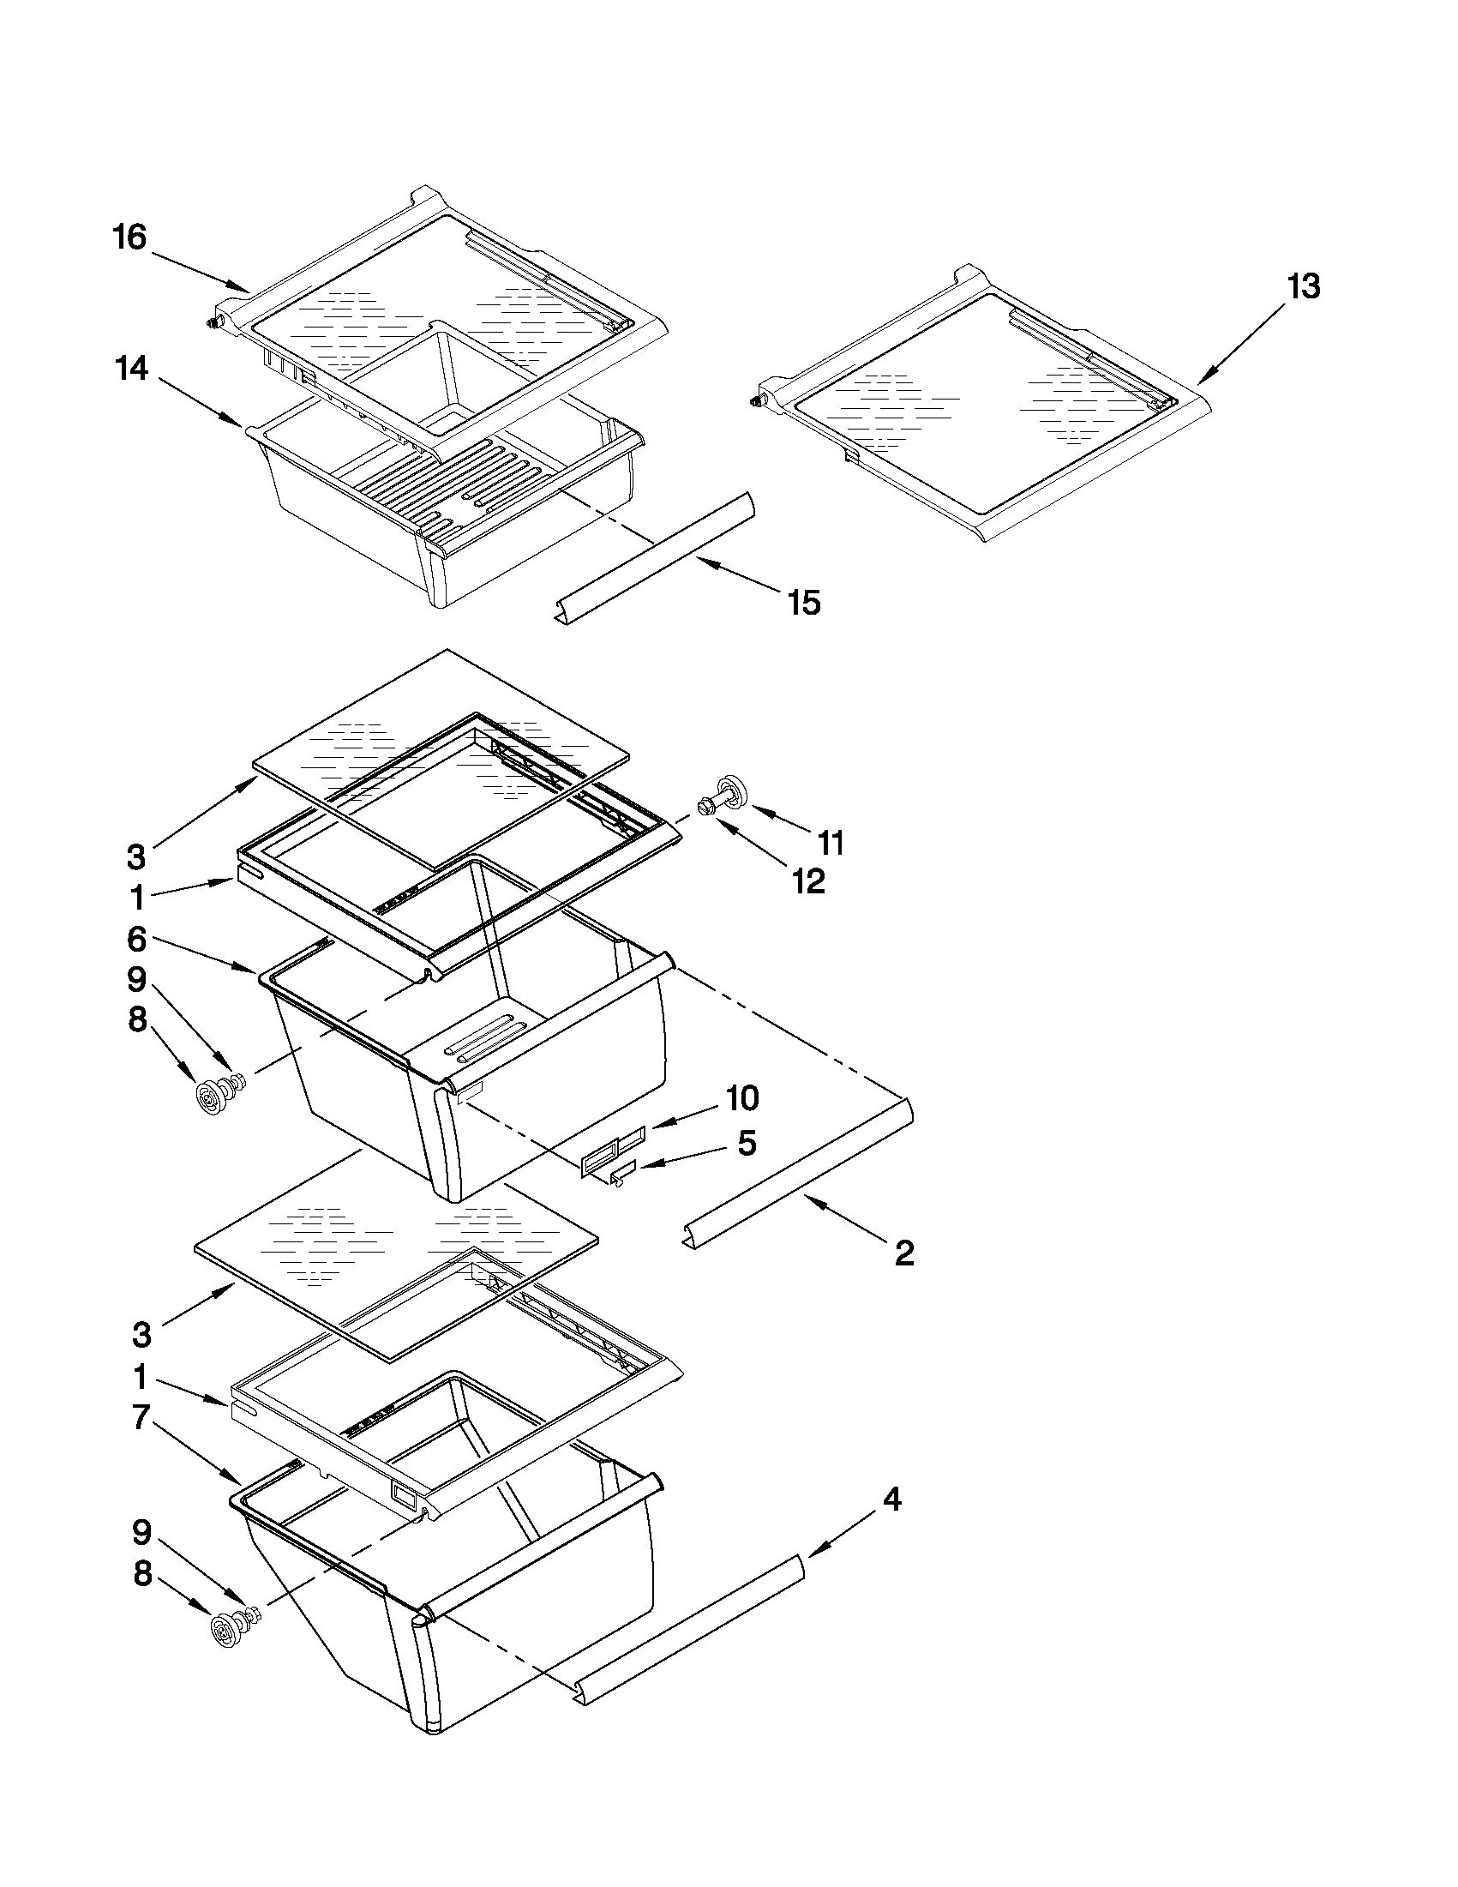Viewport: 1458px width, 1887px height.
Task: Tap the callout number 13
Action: pyautogui.click(x=1304, y=286)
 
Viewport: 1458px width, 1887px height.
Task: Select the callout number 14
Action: pyautogui.click(x=132, y=369)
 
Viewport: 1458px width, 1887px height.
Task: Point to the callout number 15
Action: pyautogui.click(x=803, y=602)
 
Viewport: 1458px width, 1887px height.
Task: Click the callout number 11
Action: pyautogui.click(x=830, y=842)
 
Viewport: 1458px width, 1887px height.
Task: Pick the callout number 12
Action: pyautogui.click(x=808, y=880)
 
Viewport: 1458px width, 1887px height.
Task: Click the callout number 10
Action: pyautogui.click(x=742, y=1098)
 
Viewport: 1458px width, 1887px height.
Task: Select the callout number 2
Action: pyautogui.click(x=903, y=1252)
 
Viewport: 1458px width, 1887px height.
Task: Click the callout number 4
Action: pyautogui.click(x=892, y=1500)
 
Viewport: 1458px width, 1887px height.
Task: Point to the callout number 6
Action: pyautogui.click(x=137, y=939)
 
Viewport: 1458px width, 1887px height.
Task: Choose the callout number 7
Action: pyautogui.click(x=141, y=1417)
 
